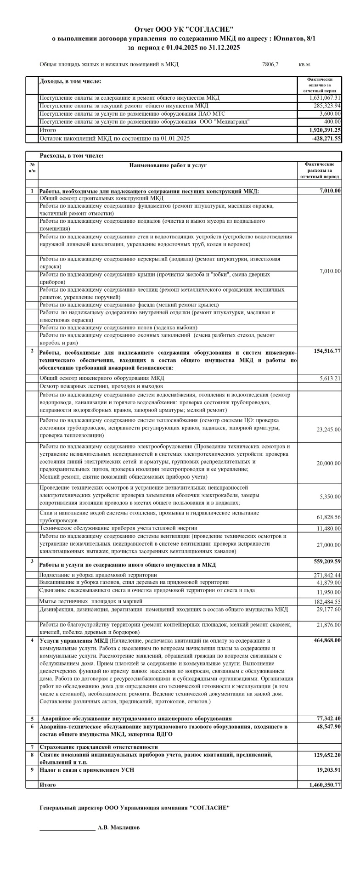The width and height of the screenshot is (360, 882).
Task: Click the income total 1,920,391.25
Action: click(x=325, y=130)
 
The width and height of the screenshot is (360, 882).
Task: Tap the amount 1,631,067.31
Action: click(x=325, y=98)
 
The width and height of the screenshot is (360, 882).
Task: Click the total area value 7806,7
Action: click(x=270, y=64)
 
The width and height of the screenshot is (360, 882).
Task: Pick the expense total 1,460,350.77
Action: click(x=325, y=785)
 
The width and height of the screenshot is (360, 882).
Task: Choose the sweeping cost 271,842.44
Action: click(x=325, y=575)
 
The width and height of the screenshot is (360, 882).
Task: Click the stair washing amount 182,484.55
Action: click(x=325, y=601)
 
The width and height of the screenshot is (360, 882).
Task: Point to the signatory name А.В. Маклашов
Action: click(x=118, y=827)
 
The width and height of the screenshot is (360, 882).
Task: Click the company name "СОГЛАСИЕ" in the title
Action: click(x=210, y=29)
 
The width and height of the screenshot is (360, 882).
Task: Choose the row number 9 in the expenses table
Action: click(x=32, y=769)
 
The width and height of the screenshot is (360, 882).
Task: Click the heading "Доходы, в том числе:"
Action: click(x=70, y=81)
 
